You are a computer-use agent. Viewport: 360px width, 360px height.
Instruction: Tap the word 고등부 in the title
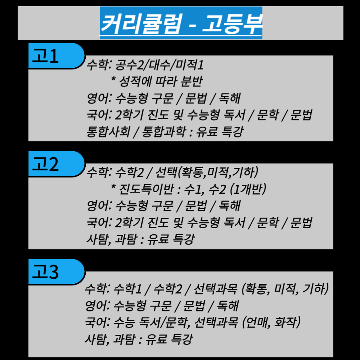coord(232,23)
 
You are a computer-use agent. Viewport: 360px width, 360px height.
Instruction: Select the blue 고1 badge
coord(57,55)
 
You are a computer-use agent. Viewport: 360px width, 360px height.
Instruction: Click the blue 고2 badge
coord(57,164)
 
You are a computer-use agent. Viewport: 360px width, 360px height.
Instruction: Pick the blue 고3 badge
coord(57,272)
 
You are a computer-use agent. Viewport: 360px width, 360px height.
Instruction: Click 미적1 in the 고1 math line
coord(190,65)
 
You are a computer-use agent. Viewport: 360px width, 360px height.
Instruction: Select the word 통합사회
coord(108,131)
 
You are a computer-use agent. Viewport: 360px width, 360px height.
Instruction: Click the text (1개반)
coord(248,189)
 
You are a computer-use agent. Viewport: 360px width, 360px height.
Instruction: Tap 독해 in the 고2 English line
coord(229,206)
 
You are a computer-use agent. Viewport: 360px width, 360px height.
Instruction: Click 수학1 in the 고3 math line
coord(127,289)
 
